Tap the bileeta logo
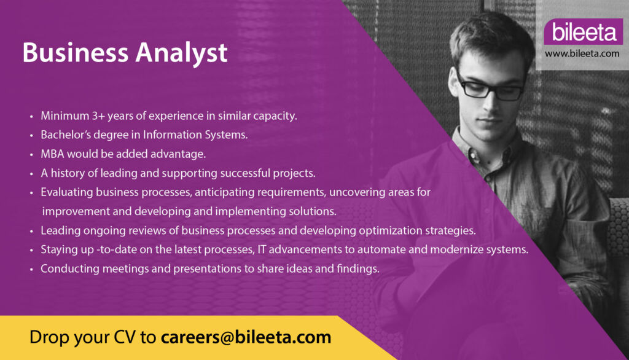(x=584, y=32)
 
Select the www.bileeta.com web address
(x=582, y=53)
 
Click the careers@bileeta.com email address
(x=246, y=337)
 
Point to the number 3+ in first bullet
(x=98, y=115)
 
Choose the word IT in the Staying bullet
(x=262, y=249)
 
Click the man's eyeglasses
(x=490, y=87)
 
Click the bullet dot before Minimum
(x=31, y=117)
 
